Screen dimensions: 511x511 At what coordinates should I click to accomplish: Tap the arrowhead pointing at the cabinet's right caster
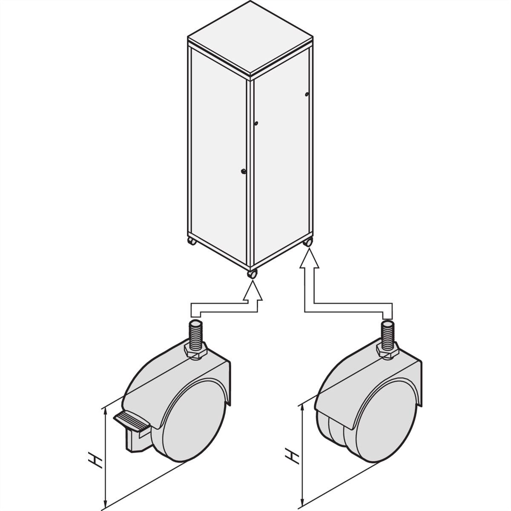coord(309,258)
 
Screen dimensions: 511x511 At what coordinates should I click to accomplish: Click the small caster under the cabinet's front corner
coord(252,275)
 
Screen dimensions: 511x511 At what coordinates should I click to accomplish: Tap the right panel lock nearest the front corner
coord(256,123)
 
